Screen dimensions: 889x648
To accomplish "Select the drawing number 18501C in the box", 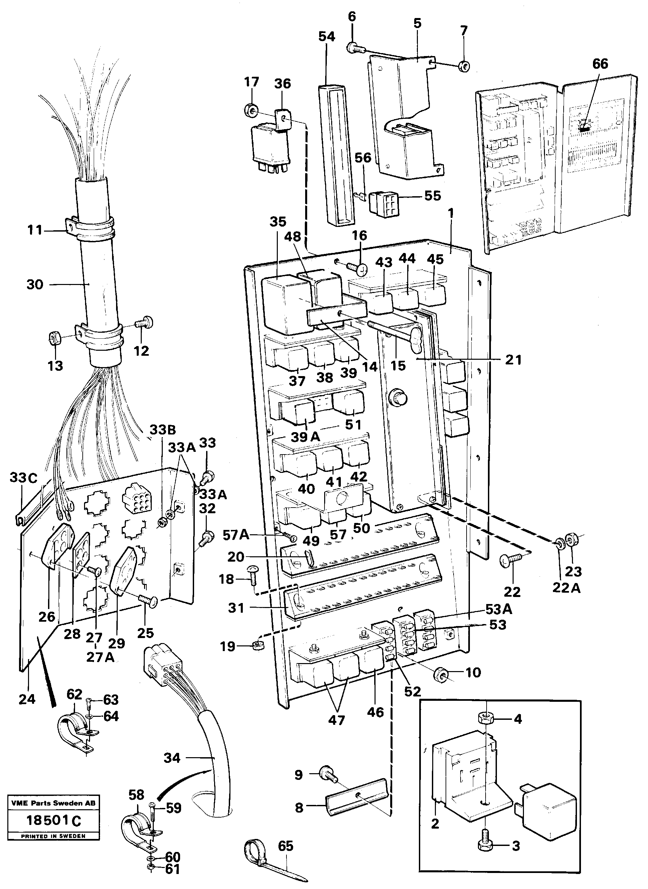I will (x=53, y=820).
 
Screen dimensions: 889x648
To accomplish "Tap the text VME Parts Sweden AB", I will (x=53, y=803).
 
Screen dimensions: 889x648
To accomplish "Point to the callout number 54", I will (x=327, y=36).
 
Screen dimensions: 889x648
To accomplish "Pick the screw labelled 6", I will (x=355, y=49).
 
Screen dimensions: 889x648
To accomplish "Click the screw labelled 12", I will (x=145, y=324).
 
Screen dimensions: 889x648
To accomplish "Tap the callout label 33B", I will (x=162, y=430).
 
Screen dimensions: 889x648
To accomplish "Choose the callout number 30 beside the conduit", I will (x=35, y=285).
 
